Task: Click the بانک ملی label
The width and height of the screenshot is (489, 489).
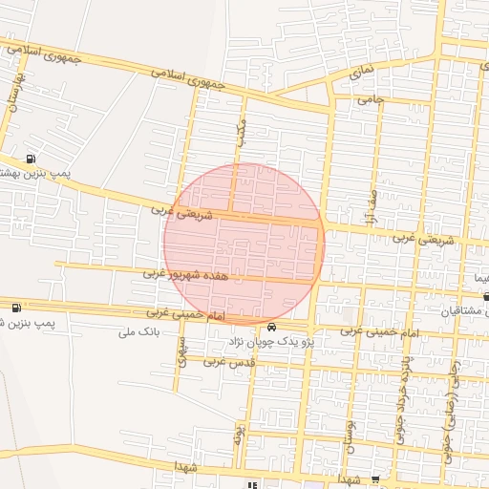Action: (138, 331)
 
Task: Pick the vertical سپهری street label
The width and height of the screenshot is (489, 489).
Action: (182, 349)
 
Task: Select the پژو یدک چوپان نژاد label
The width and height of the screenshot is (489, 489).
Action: (274, 341)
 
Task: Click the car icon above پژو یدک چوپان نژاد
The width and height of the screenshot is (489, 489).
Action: (273, 326)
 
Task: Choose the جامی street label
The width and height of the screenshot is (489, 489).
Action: (369, 99)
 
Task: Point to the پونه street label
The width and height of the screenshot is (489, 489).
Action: (239, 437)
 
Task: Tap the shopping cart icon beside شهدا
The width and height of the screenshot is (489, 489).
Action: (375, 480)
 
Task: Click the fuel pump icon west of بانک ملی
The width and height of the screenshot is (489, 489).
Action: (16, 308)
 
